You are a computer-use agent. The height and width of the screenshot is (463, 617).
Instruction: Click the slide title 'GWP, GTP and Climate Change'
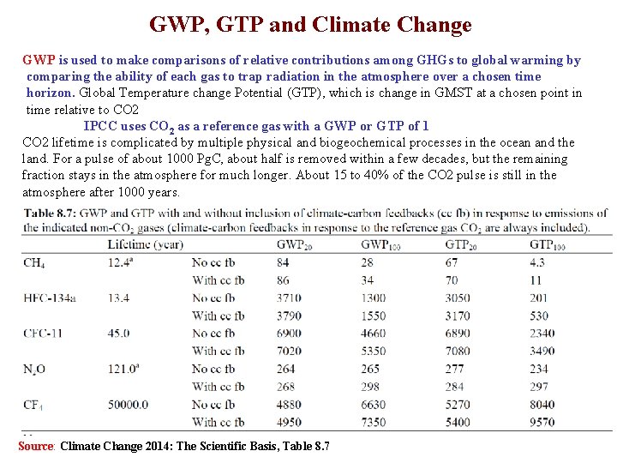pyautogui.click(x=310, y=25)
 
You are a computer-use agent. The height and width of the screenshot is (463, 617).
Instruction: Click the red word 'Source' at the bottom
pyautogui.click(x=36, y=446)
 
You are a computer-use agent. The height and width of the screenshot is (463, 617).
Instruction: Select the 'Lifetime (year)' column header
pyautogui.click(x=146, y=244)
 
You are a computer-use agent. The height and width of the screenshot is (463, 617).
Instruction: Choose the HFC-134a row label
pyautogui.click(x=50, y=298)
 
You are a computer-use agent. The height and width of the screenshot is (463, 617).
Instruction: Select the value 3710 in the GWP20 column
pyautogui.click(x=289, y=298)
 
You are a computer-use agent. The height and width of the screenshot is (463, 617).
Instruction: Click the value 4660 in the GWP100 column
pyautogui.click(x=373, y=333)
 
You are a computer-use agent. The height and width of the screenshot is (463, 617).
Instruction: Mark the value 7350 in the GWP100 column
pyautogui.click(x=373, y=422)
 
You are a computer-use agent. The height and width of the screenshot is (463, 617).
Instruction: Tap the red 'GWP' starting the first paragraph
pyautogui.click(x=39, y=60)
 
